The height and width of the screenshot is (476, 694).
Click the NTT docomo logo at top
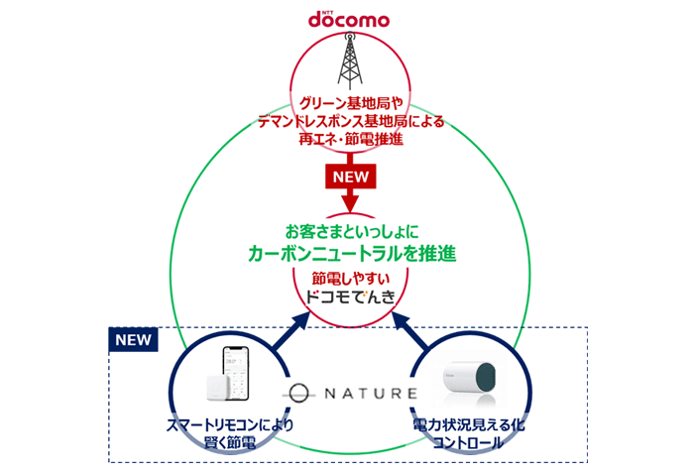point(348,18)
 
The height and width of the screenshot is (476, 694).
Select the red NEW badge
point(347,177)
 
